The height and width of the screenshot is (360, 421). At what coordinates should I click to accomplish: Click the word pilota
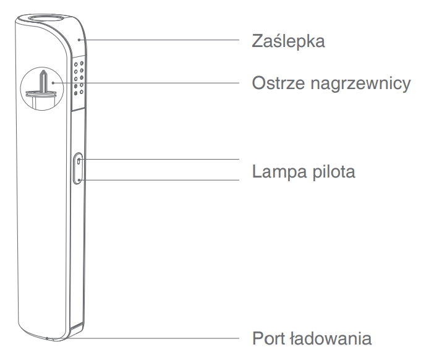[334, 171]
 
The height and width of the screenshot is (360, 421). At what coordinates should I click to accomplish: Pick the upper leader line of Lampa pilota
[161, 159]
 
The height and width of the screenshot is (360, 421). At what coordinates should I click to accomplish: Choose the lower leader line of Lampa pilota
[161, 180]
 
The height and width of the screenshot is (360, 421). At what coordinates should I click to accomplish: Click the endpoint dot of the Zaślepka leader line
[79, 38]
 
